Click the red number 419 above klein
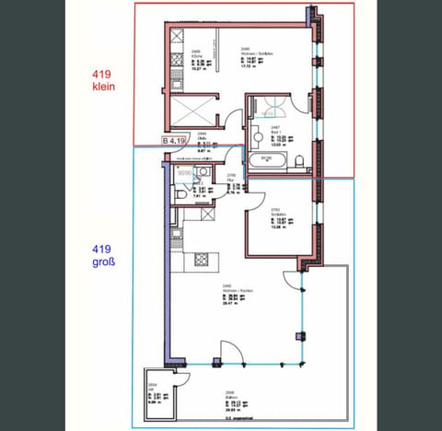click(103, 74)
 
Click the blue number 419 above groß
click(103, 249)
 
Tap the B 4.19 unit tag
click(175, 140)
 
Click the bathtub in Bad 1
click(275, 162)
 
